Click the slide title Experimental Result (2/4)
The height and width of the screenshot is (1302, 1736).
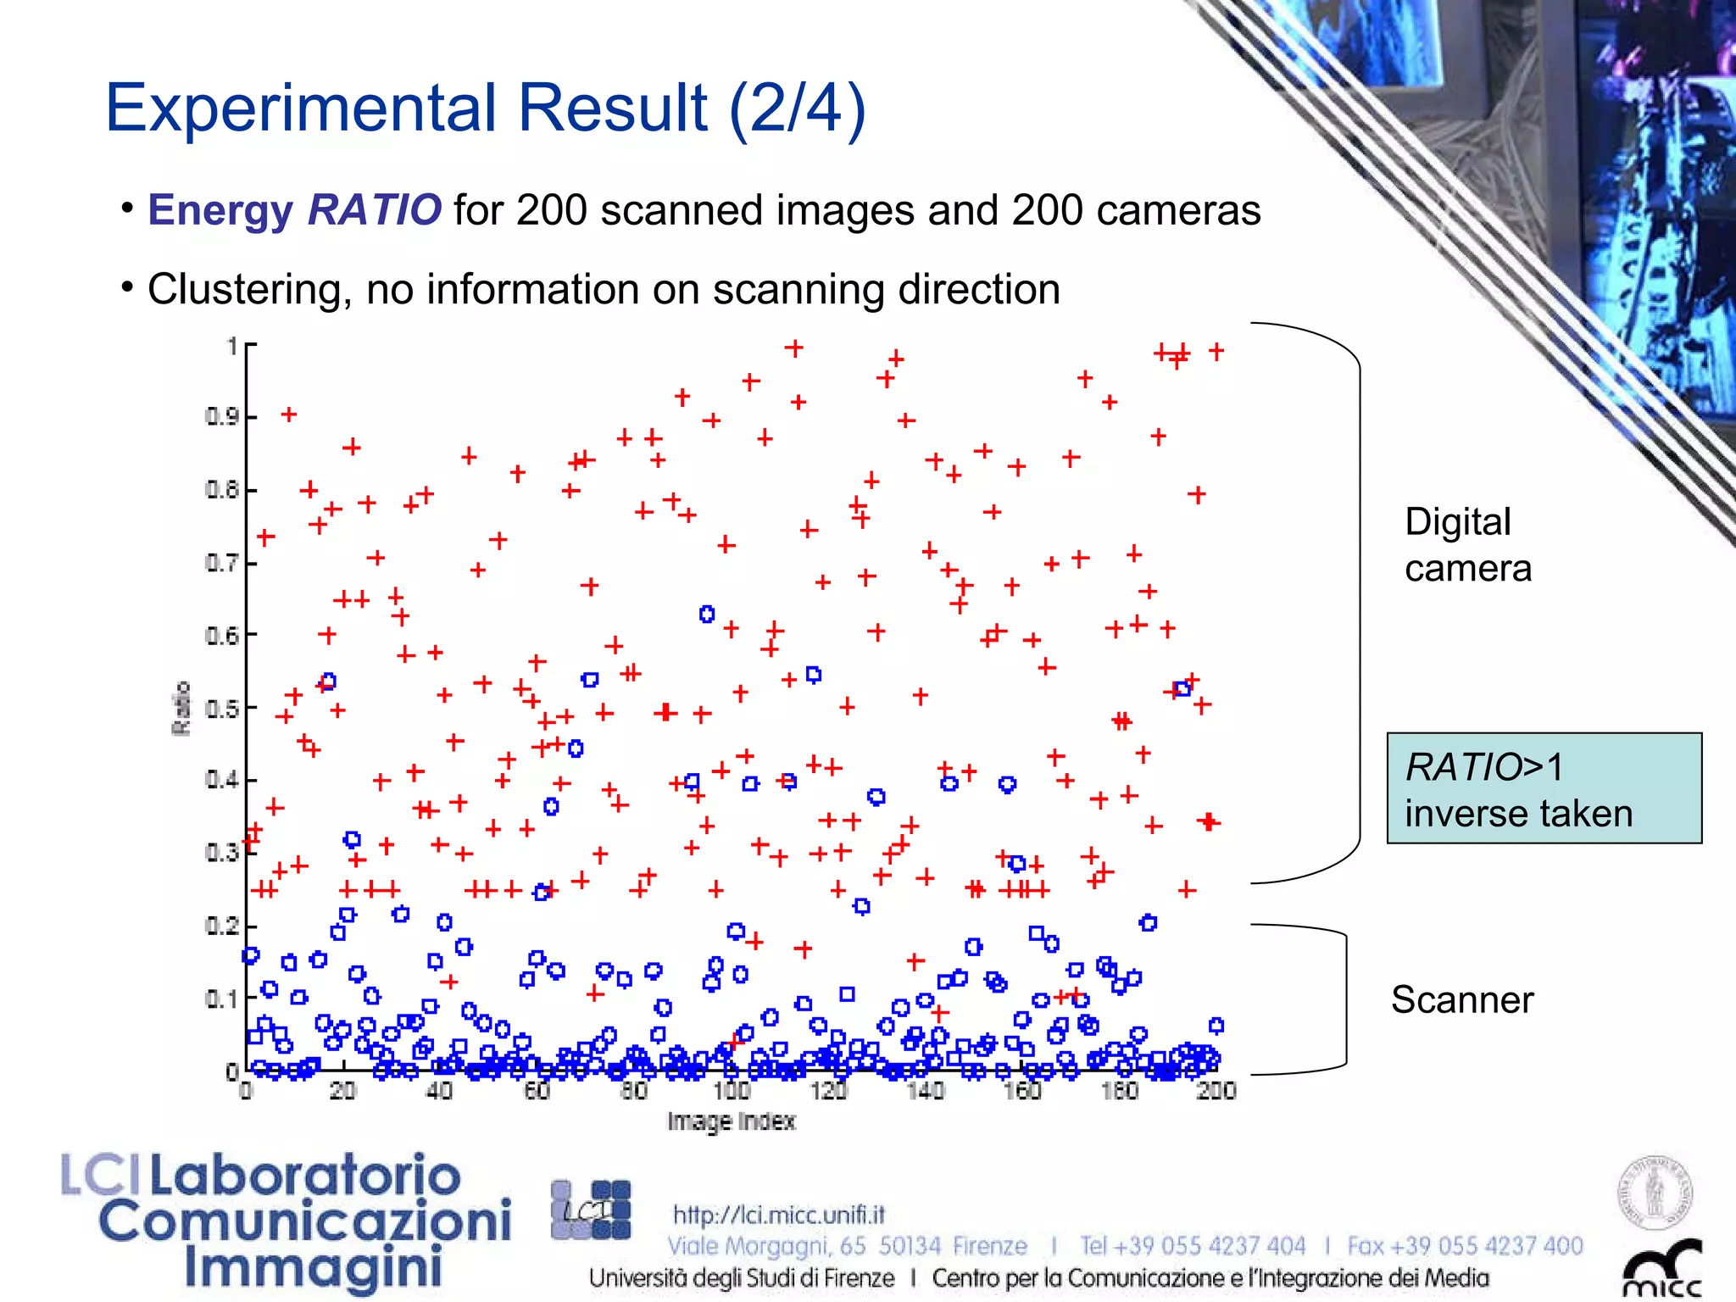[x=485, y=108]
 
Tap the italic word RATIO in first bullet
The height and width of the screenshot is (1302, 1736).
[x=374, y=209]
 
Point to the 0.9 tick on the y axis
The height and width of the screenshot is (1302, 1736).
[x=221, y=416]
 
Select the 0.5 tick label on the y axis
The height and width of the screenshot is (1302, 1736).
[x=221, y=708]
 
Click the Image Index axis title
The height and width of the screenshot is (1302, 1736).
[x=731, y=1121]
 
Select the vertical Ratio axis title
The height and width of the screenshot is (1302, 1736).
[x=181, y=708]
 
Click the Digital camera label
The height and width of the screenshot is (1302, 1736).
[x=1467, y=544]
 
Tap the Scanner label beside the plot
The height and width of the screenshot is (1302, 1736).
[x=1461, y=999]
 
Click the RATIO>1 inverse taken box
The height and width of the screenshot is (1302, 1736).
[x=1544, y=788]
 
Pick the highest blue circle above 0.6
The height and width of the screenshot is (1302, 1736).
[x=707, y=614]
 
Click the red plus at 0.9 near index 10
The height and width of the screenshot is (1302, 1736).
[x=289, y=415]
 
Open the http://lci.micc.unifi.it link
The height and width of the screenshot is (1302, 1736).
[x=778, y=1215]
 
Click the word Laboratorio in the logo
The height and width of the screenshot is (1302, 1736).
[x=305, y=1177]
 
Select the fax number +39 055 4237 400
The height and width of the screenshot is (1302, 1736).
[x=1465, y=1245]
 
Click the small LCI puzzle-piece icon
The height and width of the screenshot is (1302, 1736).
[x=591, y=1210]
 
